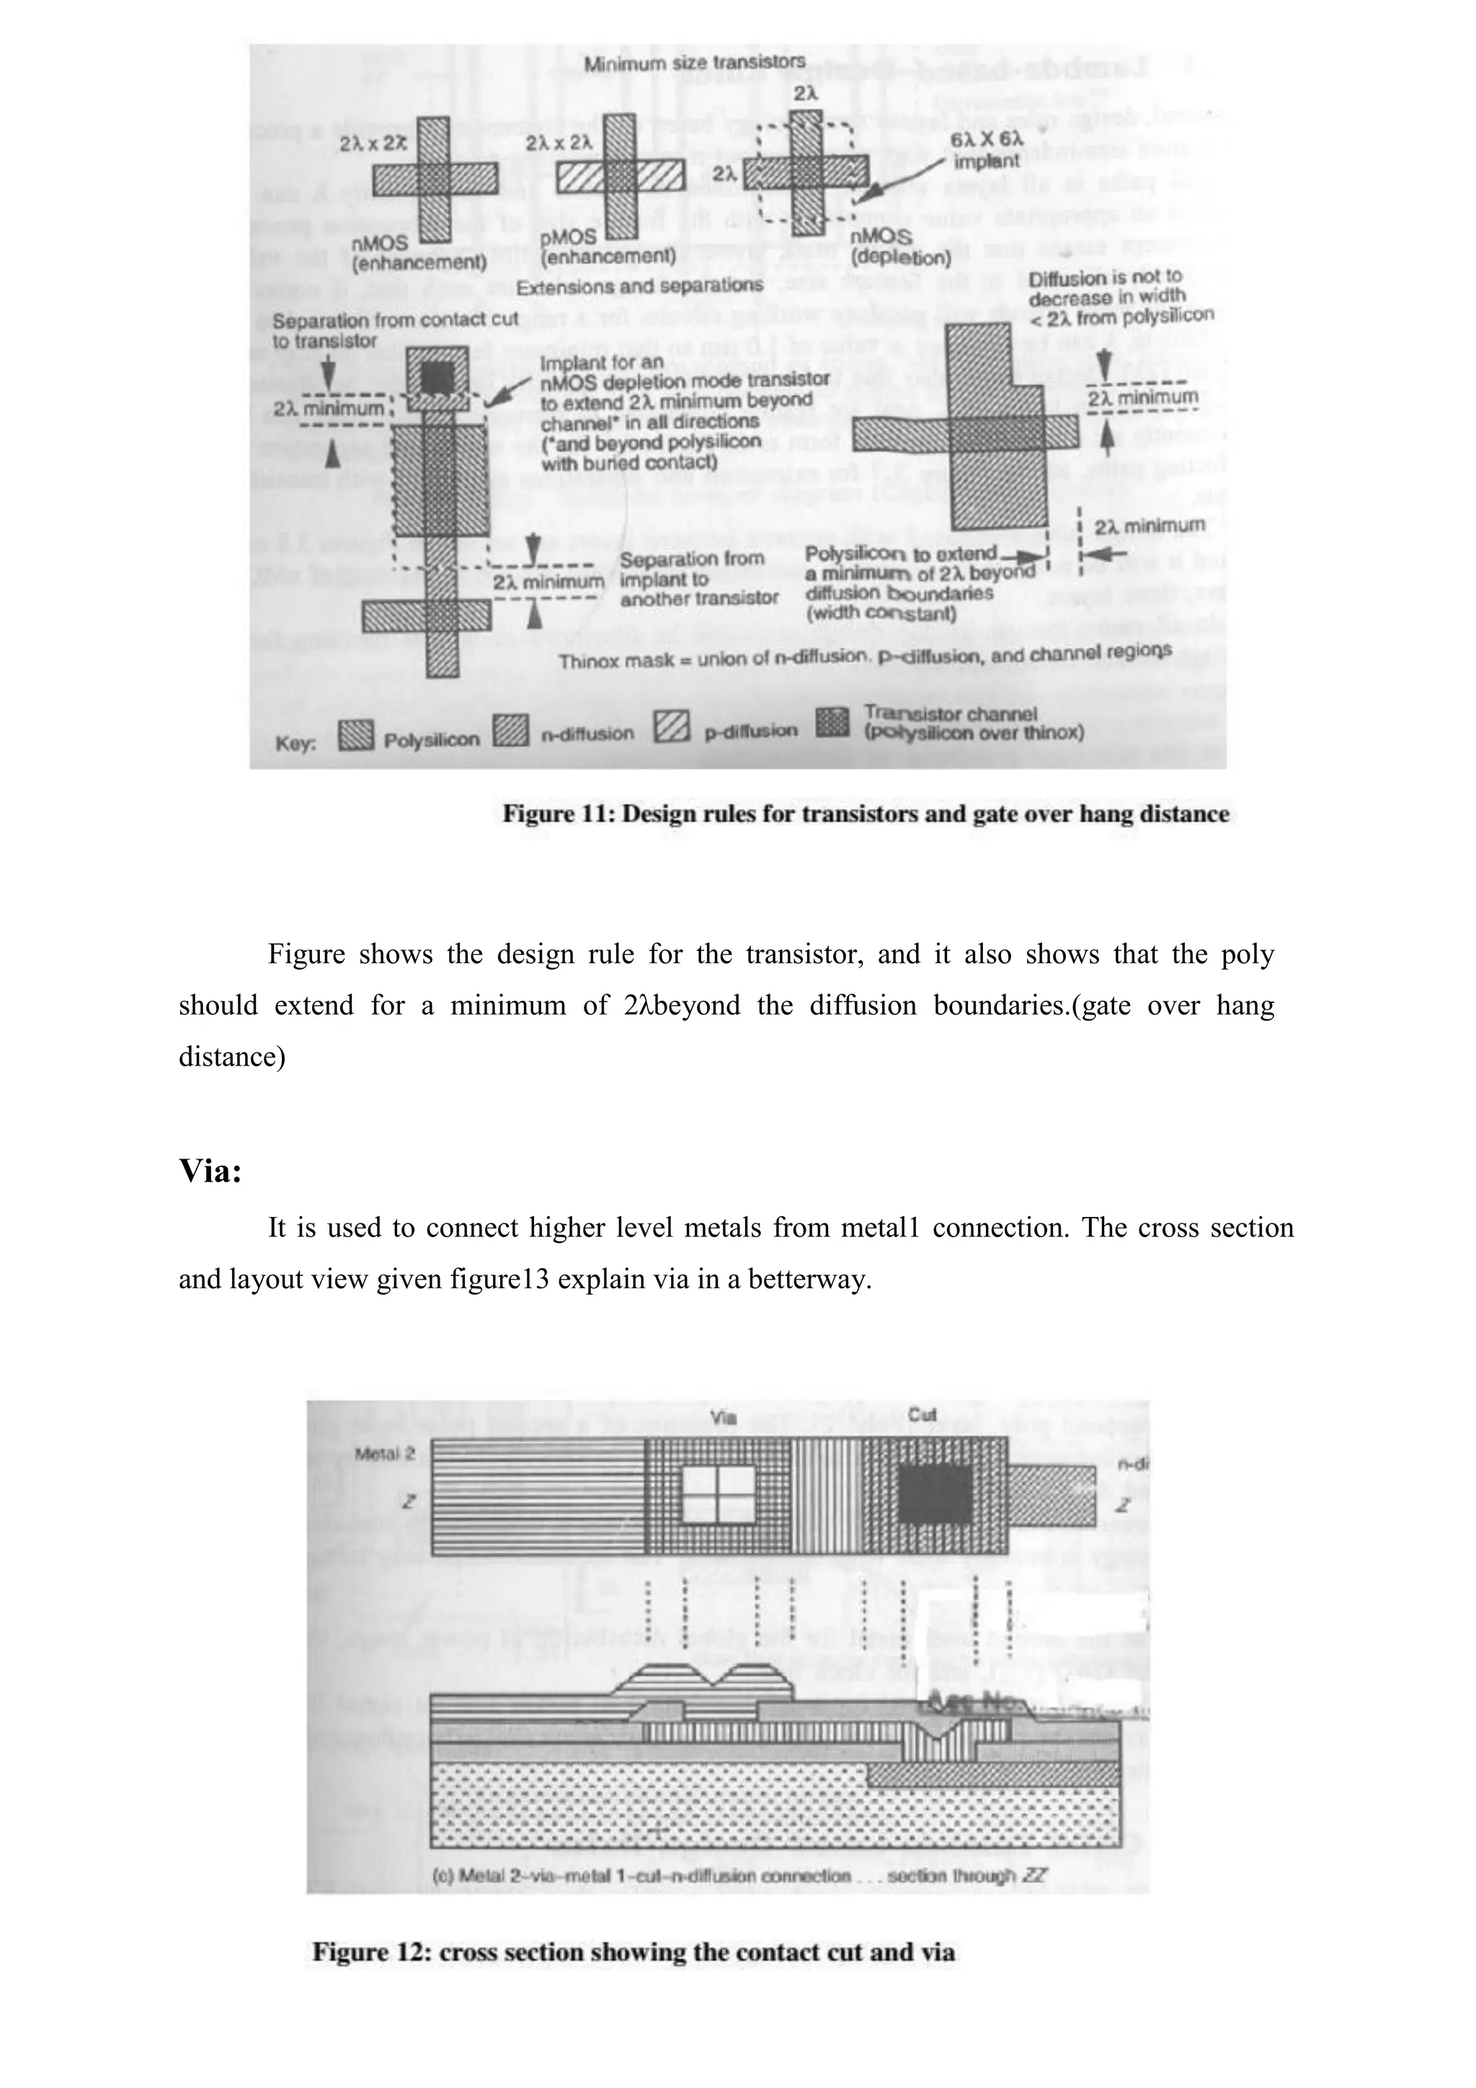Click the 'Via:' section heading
click(210, 1172)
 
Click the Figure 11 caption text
click(865, 814)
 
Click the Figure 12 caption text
click(634, 1952)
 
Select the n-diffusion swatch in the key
click(511, 732)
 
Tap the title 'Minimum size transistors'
click(694, 63)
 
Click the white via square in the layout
click(719, 1495)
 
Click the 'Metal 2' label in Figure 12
click(385, 1453)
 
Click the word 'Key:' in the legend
click(295, 742)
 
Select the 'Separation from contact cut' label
click(395, 330)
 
